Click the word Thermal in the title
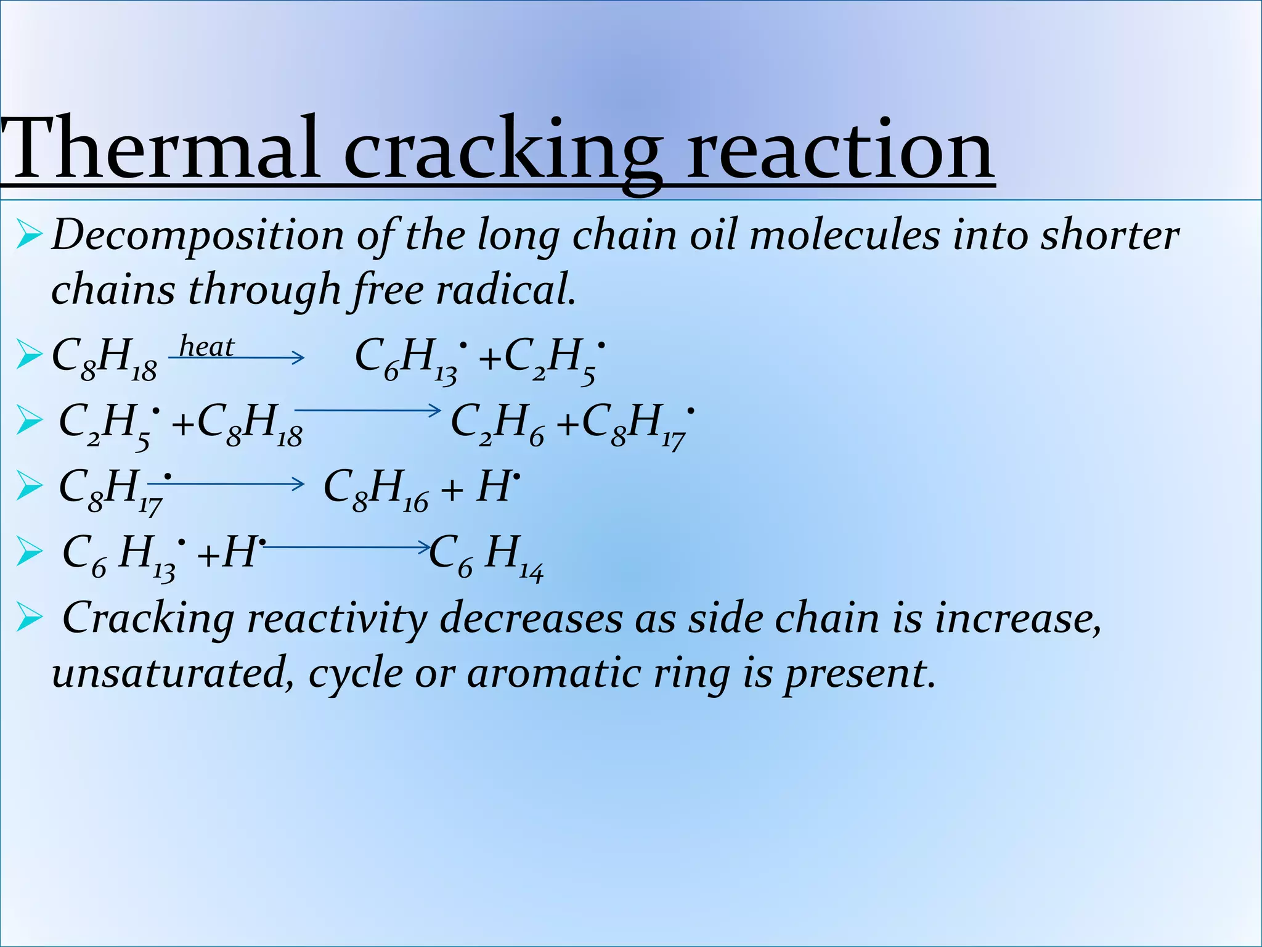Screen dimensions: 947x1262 tap(161, 150)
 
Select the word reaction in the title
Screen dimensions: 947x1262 tap(840, 150)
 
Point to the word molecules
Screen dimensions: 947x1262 tap(844, 236)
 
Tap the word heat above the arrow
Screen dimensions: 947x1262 tap(206, 347)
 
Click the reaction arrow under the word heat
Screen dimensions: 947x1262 tap(237, 358)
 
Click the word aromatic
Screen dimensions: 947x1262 tap(554, 673)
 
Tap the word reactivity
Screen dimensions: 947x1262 tap(336, 619)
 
